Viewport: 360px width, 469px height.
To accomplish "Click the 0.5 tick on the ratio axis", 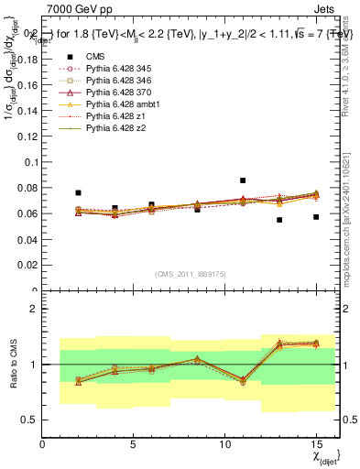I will (x=30, y=420).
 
